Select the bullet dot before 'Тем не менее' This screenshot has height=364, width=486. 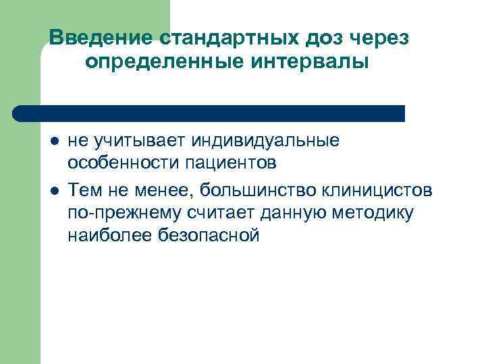(x=53, y=189)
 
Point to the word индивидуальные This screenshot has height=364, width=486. (x=266, y=141)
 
